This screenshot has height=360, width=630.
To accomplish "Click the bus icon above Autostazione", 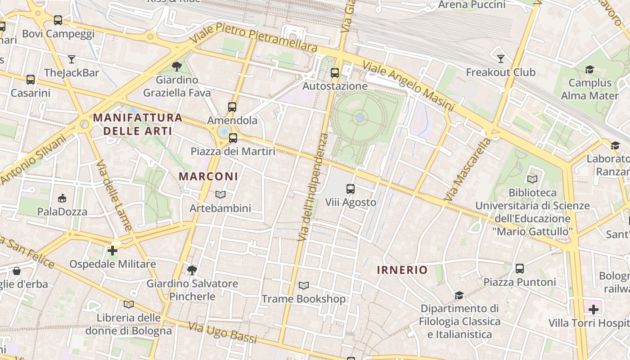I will click(x=335, y=72).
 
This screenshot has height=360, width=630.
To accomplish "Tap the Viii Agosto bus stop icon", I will click(x=351, y=189).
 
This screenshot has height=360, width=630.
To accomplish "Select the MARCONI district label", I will click(x=208, y=176).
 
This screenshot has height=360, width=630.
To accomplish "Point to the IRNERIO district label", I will click(x=402, y=270).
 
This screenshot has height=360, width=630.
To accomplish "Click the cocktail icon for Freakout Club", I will click(x=500, y=59).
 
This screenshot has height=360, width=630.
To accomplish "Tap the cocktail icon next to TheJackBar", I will click(x=72, y=59).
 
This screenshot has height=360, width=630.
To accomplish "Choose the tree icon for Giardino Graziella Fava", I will click(x=177, y=67).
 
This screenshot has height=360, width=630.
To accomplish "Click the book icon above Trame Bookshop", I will click(x=304, y=286).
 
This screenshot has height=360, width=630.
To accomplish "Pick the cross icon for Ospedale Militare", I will click(x=112, y=251).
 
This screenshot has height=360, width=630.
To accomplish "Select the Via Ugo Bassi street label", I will click(x=222, y=333).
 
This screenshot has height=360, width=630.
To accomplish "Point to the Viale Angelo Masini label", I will click(x=409, y=85).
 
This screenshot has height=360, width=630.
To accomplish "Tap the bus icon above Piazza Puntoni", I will click(x=520, y=269).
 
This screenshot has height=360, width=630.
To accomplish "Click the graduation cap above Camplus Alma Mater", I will click(x=589, y=69).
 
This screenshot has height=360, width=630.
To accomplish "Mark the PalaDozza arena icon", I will click(x=62, y=198).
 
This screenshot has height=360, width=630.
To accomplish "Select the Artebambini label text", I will click(x=220, y=208).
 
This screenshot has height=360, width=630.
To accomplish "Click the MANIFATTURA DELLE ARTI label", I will click(x=138, y=125).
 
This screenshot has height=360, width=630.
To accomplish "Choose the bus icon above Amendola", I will click(x=232, y=107).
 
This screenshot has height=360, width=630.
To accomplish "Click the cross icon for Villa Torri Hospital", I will click(x=594, y=310).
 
